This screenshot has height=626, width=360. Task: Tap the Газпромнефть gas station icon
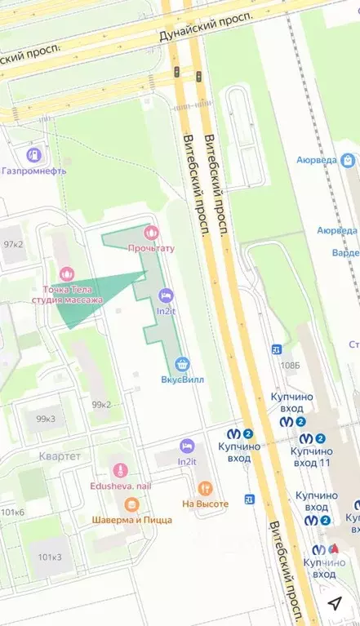click(33, 154)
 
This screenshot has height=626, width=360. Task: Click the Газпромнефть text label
click(33, 171)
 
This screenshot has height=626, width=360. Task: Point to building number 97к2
click(12, 244)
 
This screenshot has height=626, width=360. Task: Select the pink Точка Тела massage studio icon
click(67, 273)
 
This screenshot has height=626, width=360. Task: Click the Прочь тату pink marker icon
click(148, 233)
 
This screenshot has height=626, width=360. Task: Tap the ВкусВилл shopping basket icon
click(182, 363)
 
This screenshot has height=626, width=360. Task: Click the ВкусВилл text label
click(182, 379)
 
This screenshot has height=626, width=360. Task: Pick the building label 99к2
click(101, 405)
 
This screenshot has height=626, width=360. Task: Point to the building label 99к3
click(46, 419)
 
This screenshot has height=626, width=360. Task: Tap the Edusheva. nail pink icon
click(121, 470)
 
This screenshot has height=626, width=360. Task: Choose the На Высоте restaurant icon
click(205, 489)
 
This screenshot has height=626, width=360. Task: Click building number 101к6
click(12, 512)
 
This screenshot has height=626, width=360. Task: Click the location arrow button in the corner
click(335, 602)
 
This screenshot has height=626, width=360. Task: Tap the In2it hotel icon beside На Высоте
click(187, 446)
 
